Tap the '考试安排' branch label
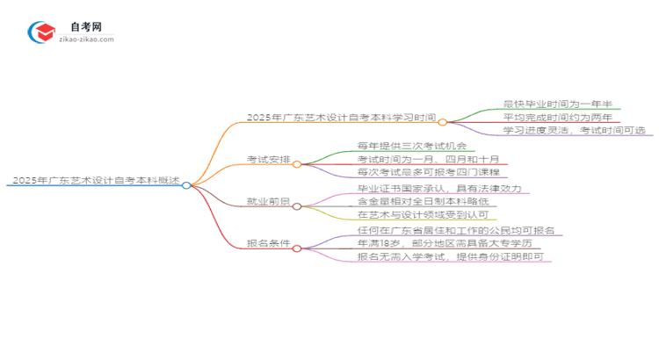click(x=269, y=161)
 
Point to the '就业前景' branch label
click(x=269, y=203)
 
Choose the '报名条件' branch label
click(x=269, y=245)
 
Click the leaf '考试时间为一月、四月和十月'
click(x=429, y=159)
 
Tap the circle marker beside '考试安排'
click(x=297, y=164)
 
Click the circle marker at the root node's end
click(x=186, y=184)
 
